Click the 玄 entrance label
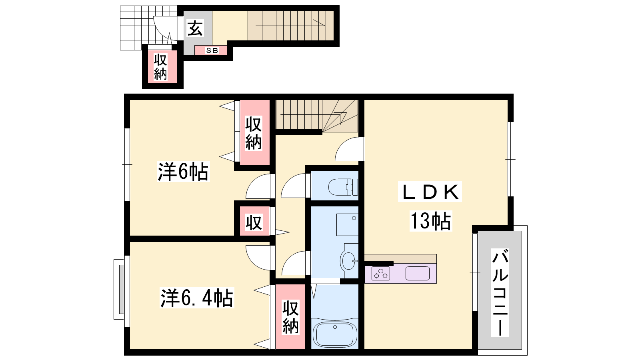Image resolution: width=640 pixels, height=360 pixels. pos(195,28)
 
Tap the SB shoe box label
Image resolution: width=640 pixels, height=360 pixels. pos(212,50)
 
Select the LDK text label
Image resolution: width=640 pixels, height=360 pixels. pos(430,192)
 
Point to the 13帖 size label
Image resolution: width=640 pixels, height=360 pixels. pos(430,221)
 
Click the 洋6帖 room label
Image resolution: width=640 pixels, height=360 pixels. pos(183,172)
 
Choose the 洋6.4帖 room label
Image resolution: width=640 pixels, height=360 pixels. pos(197,298)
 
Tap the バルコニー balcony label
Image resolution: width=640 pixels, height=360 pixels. pos(500,292)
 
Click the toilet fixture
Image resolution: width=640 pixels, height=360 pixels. pos(343,187)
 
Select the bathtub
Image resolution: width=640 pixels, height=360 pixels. pos(335,334)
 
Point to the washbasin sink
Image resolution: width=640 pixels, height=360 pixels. pos(348,260)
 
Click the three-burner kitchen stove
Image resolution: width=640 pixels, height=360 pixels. pos(380,273)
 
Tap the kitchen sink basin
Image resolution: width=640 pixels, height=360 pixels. pos(418,274)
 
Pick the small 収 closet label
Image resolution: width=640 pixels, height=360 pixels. pos(254,222)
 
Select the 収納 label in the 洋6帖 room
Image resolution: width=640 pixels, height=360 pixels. pos(254,133)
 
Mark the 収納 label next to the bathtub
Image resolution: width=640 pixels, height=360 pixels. pos(290,317)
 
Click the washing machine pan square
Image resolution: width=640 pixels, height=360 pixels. pos(348,225)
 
